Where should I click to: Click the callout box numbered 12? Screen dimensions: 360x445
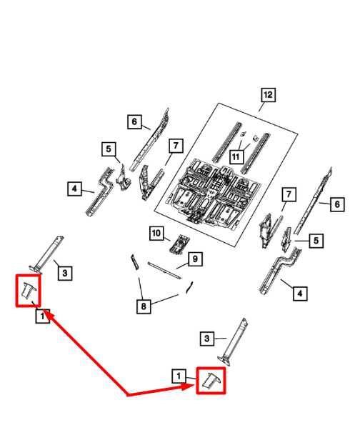point(268,95)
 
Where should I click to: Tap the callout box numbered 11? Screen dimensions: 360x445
point(236,156)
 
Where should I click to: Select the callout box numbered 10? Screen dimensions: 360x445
point(156,234)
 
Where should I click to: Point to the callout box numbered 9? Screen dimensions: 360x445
point(195,259)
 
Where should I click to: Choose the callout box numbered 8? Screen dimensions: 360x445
point(144,306)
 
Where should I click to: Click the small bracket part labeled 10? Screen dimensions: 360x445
point(180,244)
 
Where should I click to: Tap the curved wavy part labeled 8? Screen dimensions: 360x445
point(189,287)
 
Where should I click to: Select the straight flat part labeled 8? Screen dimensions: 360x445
point(134,262)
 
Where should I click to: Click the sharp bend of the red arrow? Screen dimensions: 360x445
point(128,394)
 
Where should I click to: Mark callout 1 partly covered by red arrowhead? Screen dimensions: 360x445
point(43,316)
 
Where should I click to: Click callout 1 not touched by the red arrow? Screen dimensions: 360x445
point(179,376)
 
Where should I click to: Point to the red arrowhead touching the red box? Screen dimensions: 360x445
point(189,386)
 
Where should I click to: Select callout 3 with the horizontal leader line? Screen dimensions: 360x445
point(207,338)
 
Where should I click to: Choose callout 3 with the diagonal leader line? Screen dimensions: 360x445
point(65,273)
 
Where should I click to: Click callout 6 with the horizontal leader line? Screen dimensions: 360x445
point(337,204)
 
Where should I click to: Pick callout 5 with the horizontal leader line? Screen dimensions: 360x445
point(316,241)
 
